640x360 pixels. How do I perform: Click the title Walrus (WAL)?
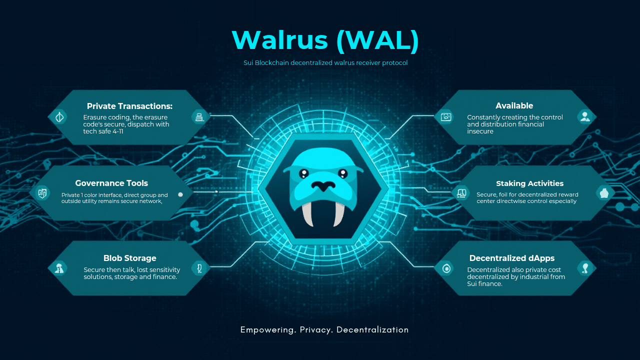point(325,40)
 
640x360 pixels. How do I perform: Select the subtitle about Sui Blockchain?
point(325,63)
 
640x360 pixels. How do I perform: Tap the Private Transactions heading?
point(129,106)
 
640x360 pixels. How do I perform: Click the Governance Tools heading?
point(111,183)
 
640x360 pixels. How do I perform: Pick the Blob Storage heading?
point(130,258)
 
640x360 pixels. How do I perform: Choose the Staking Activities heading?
point(529,183)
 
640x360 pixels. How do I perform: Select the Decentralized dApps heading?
point(512,258)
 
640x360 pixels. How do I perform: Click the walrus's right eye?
point(342,173)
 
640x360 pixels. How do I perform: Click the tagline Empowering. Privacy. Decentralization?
point(324,330)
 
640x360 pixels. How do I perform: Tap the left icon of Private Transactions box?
point(59,117)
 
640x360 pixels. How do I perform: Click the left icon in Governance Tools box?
point(42,193)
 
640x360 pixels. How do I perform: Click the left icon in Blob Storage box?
point(59,268)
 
